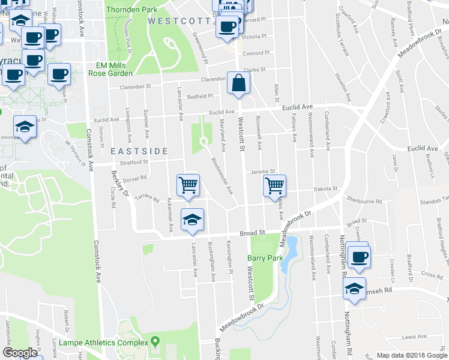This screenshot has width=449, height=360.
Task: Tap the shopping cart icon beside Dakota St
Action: pos(274,185)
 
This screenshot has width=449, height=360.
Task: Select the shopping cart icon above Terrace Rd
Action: pos(188,185)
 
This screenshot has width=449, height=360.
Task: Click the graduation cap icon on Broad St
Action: pos(192,220)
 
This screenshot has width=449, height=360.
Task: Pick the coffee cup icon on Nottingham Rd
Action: pos(358,256)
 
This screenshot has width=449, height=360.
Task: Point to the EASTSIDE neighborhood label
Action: pos(139,151)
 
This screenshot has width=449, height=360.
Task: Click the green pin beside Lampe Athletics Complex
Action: pos(155,342)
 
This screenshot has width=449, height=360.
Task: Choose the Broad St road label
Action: pos(253,233)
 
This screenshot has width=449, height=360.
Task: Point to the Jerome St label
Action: pos(262,172)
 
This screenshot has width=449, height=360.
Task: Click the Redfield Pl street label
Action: pos(200,96)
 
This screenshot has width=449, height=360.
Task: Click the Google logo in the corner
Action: pos(20,353)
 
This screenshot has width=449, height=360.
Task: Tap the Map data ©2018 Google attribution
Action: pos(412,355)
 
